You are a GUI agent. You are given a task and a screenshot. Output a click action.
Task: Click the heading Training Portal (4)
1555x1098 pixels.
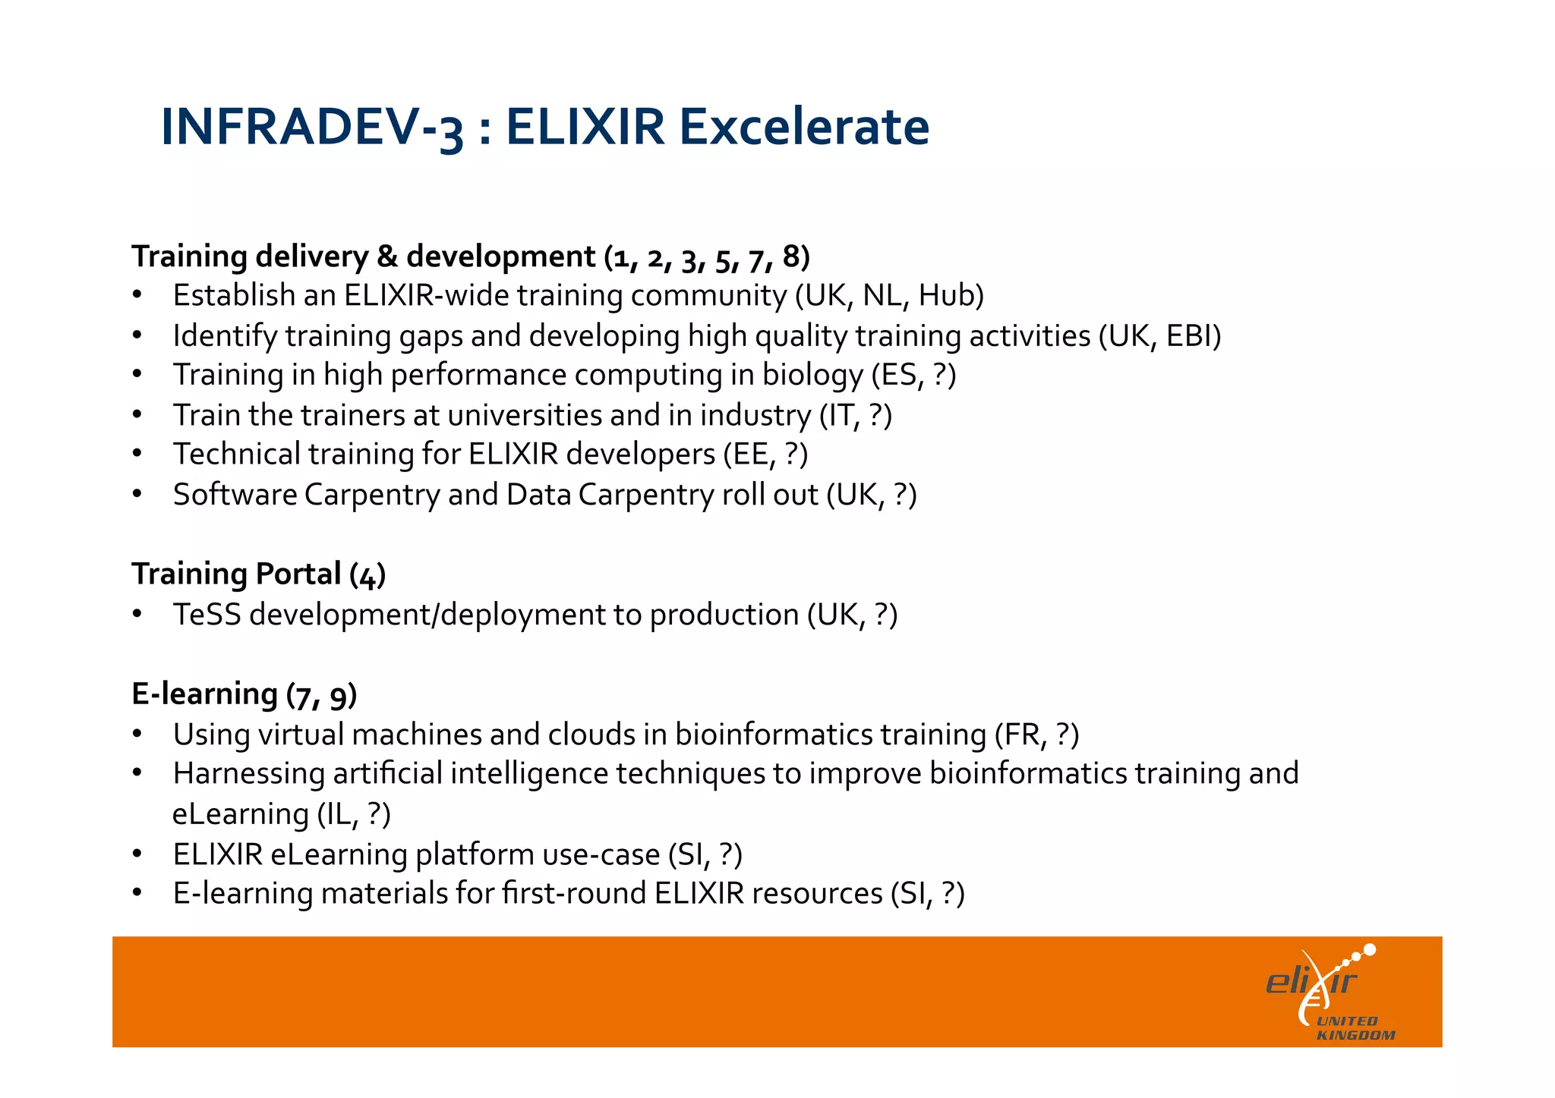point(258,574)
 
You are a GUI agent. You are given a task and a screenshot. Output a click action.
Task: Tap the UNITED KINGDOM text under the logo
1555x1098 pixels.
point(1355,1028)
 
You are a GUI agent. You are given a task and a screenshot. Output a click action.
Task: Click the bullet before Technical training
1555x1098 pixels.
point(137,455)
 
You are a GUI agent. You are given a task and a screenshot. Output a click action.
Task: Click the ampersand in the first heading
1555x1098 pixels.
point(386,256)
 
